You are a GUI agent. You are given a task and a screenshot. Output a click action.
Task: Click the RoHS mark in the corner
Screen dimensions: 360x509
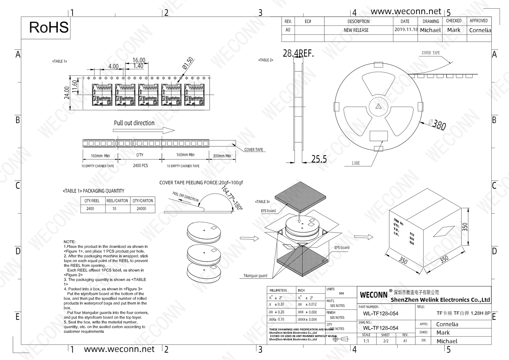[49, 28]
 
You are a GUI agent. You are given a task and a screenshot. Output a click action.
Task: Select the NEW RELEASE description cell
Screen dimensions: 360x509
[356, 30]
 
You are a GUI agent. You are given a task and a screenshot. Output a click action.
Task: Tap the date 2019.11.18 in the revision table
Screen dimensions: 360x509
[406, 30]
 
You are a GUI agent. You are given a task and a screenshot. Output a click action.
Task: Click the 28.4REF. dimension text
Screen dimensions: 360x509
[298, 54]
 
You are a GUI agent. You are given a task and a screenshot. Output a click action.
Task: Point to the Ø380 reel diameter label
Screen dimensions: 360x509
[437, 124]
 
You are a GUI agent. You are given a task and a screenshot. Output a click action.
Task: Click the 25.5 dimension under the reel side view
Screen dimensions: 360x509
[319, 159]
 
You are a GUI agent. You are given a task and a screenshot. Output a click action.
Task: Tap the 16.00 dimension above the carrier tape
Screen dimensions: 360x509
[139, 60]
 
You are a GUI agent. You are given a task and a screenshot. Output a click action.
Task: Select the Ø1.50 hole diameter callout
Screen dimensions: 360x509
[187, 64]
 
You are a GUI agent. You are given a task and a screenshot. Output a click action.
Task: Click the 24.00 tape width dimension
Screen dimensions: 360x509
[67, 93]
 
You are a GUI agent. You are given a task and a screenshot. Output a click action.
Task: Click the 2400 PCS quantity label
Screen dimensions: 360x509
[140, 166]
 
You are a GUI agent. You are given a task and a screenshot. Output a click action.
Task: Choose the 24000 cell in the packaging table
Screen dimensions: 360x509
[142, 209]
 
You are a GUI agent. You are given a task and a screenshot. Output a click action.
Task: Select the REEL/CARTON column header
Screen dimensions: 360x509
[117, 201]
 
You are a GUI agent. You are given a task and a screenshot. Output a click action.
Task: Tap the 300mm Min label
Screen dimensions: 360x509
[222, 156]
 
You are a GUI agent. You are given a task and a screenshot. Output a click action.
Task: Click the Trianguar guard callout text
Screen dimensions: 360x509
[255, 276]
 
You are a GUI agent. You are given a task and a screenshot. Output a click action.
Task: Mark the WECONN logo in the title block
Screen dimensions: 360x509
[374, 295]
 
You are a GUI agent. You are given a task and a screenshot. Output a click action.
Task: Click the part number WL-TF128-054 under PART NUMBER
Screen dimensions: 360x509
[380, 313]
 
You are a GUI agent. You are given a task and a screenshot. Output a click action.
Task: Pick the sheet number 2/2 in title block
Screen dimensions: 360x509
[386, 341]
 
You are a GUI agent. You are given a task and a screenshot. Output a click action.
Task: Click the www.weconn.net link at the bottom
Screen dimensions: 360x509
[119, 349]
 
